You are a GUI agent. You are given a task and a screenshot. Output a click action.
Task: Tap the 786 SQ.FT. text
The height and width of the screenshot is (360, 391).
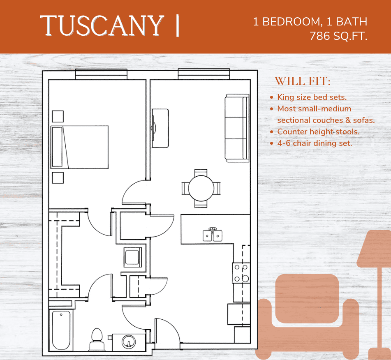(x=338, y=37)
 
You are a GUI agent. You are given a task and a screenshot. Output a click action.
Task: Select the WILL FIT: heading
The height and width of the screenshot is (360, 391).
(x=303, y=81)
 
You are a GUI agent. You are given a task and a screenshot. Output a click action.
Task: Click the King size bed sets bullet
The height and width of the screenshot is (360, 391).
(x=312, y=97)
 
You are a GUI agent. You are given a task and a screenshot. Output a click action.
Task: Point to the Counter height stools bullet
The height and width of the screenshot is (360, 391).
(x=318, y=132)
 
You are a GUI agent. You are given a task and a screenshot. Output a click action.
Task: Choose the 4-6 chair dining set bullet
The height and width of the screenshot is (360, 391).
(x=315, y=143)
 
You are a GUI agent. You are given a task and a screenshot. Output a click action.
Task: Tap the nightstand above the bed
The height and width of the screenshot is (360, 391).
(x=58, y=116)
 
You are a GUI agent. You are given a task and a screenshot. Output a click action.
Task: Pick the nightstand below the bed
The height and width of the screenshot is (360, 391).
(x=58, y=178)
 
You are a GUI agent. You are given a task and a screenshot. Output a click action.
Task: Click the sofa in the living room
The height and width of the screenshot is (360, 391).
(x=237, y=128)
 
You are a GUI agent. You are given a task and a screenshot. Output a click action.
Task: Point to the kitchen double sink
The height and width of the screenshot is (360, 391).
(x=213, y=235)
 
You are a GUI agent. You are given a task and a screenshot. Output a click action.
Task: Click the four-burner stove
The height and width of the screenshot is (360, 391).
(x=241, y=273)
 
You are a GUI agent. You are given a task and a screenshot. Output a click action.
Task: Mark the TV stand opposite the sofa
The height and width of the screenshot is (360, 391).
(x=160, y=128)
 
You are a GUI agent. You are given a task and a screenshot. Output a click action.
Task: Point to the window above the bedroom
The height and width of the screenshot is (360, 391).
(x=101, y=75)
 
